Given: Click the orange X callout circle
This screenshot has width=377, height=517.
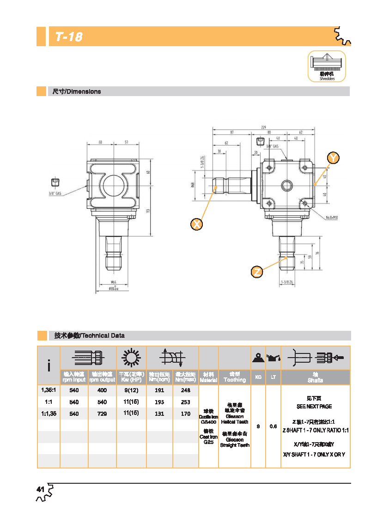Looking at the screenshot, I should [x=197, y=225].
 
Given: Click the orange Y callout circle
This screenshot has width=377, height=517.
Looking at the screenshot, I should [x=333, y=158].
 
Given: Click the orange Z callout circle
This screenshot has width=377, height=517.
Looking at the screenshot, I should [x=257, y=272].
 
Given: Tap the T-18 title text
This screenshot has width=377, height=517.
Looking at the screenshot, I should [x=68, y=37].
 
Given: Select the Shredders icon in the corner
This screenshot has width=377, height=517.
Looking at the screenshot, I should [x=327, y=66].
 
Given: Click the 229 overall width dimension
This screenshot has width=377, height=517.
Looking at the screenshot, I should [x=263, y=127].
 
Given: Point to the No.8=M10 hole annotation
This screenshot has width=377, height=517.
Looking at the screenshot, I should [x=332, y=217].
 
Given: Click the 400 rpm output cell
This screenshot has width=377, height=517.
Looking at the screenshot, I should [x=102, y=390].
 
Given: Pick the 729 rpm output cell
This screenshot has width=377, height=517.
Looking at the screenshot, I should [x=102, y=414].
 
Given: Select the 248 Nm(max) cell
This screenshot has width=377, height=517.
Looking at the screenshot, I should [x=185, y=390].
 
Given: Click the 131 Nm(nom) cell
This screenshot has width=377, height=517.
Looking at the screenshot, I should [x=159, y=414].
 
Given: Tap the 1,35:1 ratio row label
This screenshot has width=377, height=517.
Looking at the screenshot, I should [x=49, y=390].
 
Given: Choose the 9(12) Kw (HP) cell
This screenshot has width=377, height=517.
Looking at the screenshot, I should [x=131, y=390].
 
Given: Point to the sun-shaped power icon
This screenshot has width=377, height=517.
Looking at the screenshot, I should [x=131, y=358].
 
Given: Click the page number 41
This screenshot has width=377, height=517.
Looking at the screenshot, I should [x=40, y=489].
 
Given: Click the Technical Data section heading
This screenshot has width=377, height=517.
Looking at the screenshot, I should [x=89, y=335].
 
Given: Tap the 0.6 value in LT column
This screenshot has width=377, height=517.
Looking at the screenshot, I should [x=273, y=426].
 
